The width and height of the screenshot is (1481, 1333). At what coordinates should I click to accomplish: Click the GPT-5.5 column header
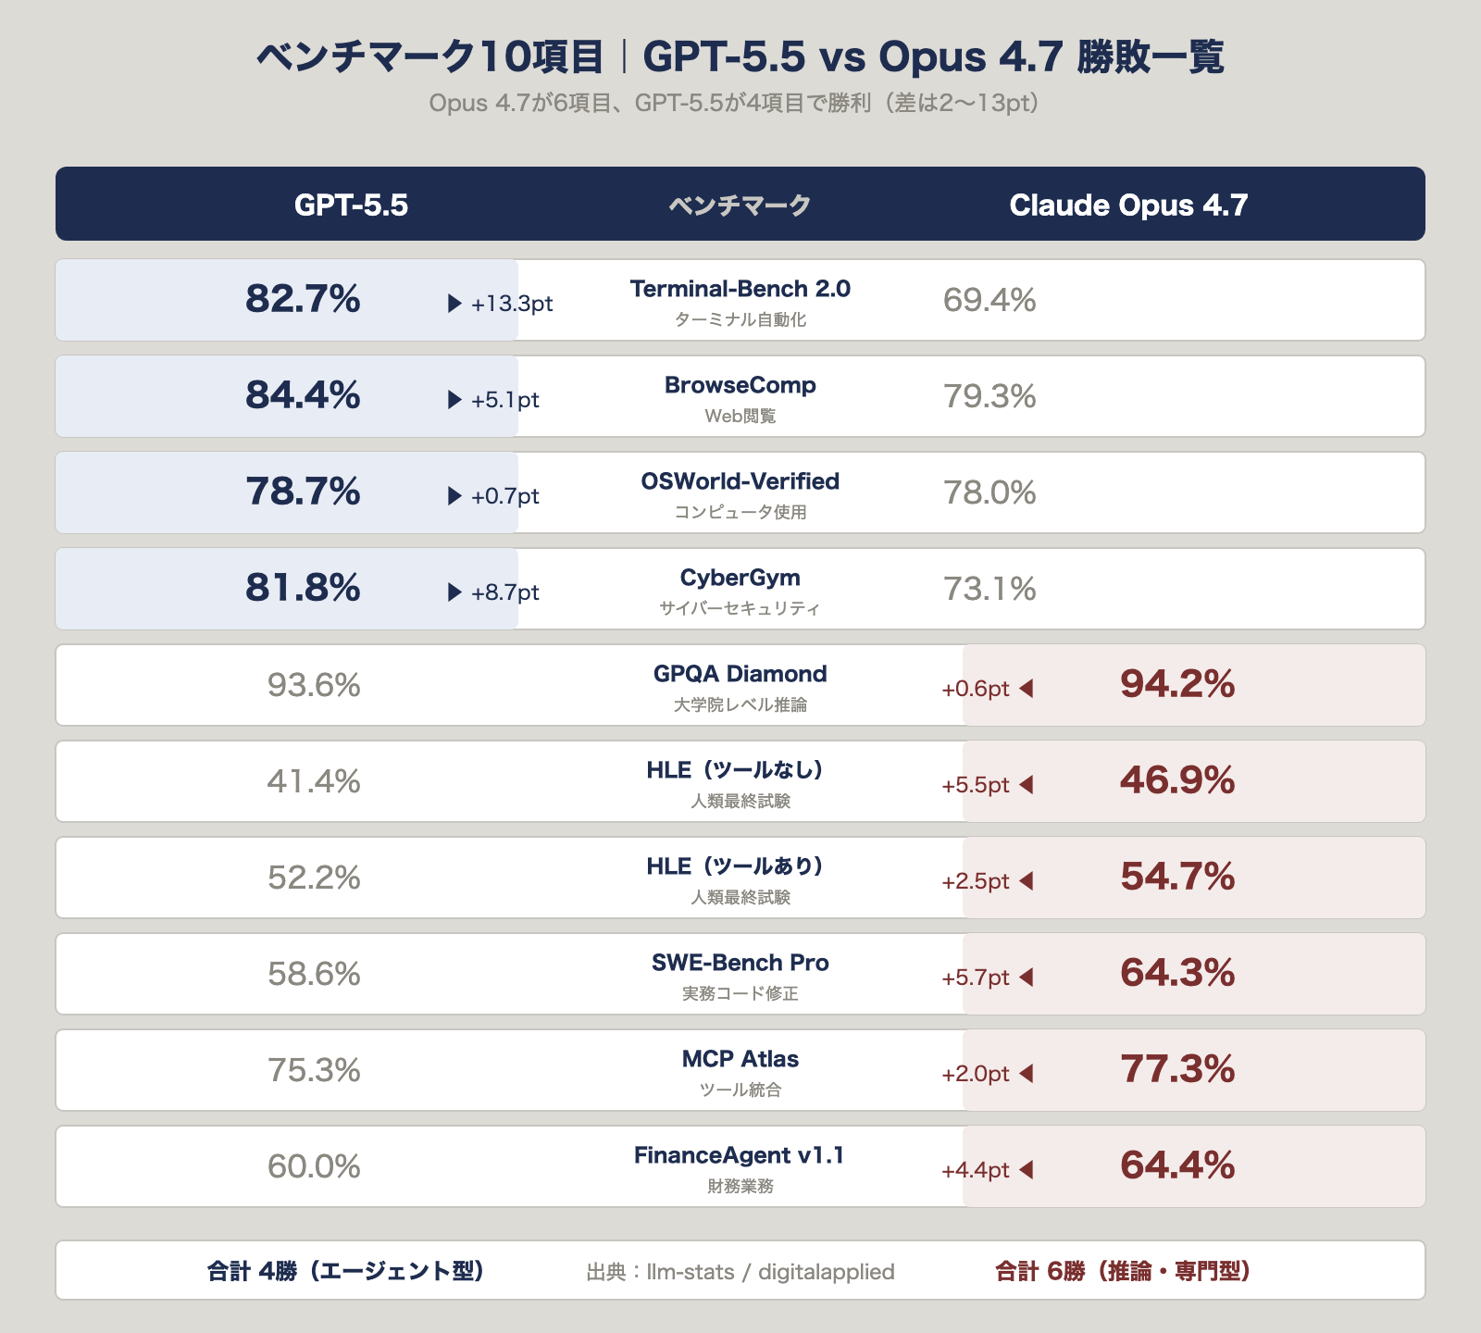(351, 205)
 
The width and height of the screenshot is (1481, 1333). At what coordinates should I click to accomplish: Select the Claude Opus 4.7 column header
(1128, 205)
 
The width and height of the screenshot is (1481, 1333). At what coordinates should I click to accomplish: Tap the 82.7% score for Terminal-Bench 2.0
(303, 299)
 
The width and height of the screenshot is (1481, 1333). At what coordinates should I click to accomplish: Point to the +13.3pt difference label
(512, 304)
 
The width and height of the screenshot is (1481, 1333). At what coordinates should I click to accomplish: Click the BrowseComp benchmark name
(740, 385)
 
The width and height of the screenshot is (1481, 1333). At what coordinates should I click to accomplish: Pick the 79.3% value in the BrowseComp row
(989, 396)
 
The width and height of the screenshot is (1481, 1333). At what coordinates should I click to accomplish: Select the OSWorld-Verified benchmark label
(740, 481)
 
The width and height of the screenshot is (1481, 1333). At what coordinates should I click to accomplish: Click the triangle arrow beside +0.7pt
(454, 496)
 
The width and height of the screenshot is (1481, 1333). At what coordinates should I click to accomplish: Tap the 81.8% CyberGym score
(303, 588)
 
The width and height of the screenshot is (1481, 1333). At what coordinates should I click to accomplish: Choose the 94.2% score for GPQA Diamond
(1176, 684)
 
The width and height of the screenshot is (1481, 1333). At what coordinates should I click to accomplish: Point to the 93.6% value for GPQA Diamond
(314, 685)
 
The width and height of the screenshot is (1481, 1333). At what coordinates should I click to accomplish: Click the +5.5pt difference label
(975, 785)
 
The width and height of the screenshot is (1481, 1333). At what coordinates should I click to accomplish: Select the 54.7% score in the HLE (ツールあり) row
(1176, 877)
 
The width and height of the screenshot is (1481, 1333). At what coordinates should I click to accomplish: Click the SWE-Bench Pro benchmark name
(740, 963)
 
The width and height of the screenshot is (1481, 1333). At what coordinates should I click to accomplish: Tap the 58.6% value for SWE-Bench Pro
(314, 974)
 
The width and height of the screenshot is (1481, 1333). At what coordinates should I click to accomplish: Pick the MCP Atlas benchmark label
(740, 1059)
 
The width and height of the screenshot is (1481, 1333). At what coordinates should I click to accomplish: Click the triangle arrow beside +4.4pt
(1026, 1170)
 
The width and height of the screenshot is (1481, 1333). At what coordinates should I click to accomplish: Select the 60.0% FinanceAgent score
(314, 1166)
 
